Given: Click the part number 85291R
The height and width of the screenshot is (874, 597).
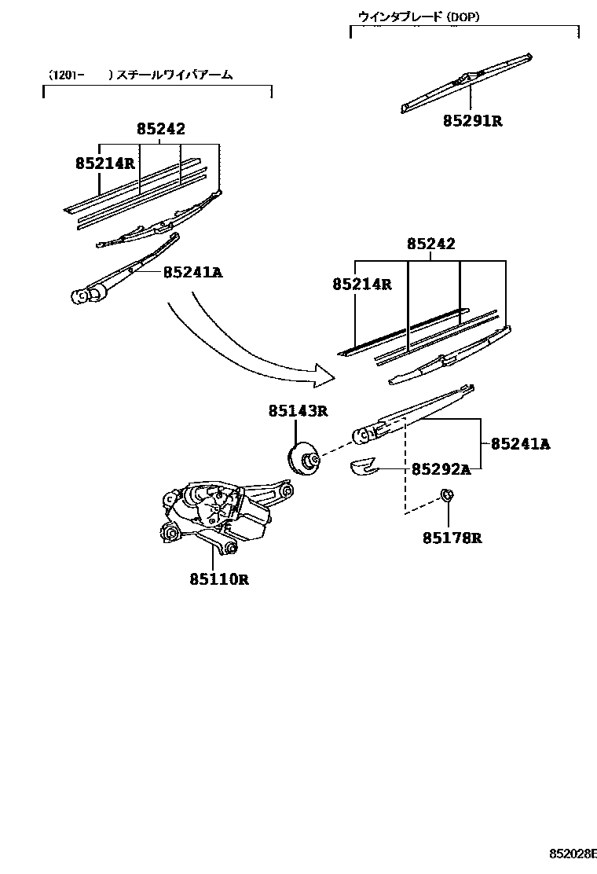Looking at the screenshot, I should coord(471,121).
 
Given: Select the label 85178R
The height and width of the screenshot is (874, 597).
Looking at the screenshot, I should coord(452,538).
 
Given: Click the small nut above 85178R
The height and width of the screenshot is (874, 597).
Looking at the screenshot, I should coord(446,496).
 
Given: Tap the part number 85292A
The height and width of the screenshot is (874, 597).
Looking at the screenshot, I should coord(441,469).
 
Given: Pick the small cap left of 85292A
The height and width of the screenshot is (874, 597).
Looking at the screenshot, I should coord(364,467).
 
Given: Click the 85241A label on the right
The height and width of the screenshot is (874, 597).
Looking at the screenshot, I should coord(520,444).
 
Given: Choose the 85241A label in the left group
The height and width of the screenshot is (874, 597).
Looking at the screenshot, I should coord(193,273).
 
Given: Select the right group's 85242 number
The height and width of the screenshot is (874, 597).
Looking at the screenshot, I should coord(430,244).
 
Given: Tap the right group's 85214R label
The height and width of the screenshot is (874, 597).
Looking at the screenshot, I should coord(361,285).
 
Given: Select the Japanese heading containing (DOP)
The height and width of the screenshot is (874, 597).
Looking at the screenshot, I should coord(419,15).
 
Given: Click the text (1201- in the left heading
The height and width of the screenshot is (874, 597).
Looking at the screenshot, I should coord(66,75).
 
